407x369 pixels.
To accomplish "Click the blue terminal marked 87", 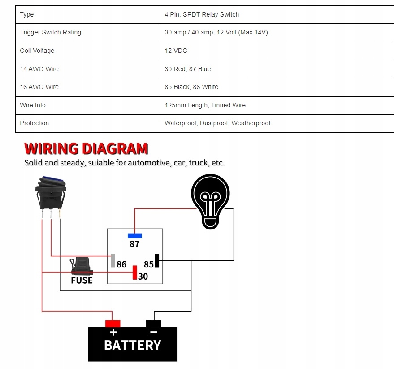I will click(x=134, y=236).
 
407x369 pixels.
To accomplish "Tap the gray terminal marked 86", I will click(x=113, y=260).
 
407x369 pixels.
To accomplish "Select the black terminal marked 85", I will click(x=157, y=260).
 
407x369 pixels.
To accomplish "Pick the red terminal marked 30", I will click(x=134, y=272).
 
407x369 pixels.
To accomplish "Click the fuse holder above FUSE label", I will click(x=81, y=266).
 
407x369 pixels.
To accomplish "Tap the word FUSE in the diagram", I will click(x=82, y=280).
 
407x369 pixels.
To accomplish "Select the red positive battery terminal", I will click(x=113, y=323).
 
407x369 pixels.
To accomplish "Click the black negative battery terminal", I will click(x=153, y=323).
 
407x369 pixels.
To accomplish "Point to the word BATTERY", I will click(x=132, y=345).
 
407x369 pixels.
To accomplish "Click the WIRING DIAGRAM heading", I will click(x=86, y=148).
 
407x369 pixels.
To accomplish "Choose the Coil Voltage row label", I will click(x=37, y=51).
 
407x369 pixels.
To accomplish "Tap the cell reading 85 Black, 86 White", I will click(x=191, y=87).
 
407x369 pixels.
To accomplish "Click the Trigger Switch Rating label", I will click(x=51, y=32).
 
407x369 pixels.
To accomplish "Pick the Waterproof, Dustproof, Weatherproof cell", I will click(x=217, y=123).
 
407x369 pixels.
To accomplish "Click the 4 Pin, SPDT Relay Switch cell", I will click(x=202, y=14).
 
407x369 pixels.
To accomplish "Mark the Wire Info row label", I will click(x=33, y=105).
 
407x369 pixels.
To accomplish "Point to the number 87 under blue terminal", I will click(x=134, y=244).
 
